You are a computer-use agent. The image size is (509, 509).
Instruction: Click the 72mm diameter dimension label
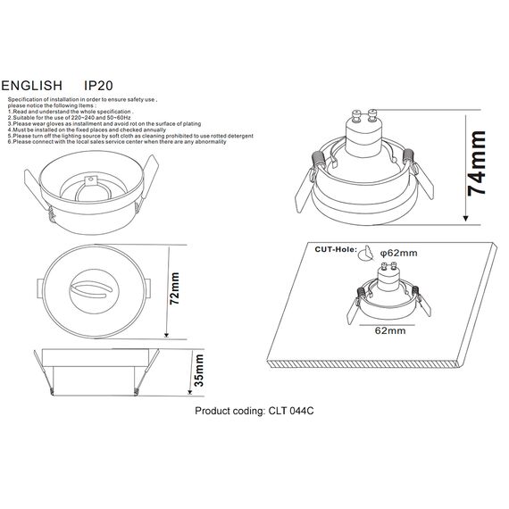(175, 288)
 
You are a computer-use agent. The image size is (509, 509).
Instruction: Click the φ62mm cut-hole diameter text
(398, 254)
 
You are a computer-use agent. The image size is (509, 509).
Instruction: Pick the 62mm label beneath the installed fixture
(387, 330)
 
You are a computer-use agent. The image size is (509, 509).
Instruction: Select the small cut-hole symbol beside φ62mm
(364, 254)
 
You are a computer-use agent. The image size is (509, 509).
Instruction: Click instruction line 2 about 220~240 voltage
(71, 117)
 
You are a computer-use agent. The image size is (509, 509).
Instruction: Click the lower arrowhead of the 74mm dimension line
(465, 218)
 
